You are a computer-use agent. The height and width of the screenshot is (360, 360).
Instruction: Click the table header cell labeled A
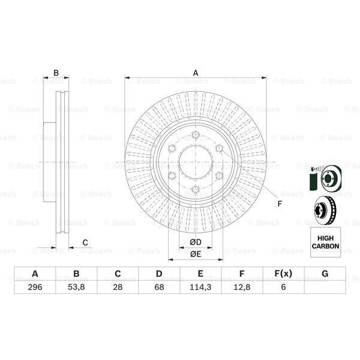tap(35, 274)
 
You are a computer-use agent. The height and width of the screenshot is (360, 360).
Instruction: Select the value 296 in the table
tap(35, 287)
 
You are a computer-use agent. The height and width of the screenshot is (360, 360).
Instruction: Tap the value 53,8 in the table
tap(76, 287)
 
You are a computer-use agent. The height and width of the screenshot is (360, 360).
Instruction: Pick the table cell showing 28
tap(118, 287)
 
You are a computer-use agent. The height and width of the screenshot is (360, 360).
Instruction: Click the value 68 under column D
tap(159, 287)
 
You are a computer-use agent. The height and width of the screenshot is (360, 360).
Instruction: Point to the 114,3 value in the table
tap(200, 287)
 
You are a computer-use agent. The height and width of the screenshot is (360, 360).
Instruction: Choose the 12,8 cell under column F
tap(242, 287)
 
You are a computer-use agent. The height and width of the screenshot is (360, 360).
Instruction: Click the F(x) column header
tap(283, 274)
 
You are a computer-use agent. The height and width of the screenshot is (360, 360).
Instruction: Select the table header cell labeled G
tap(325, 274)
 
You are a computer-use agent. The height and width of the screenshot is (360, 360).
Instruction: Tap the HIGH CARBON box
tap(325, 242)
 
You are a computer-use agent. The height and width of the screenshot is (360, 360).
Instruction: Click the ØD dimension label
tap(196, 242)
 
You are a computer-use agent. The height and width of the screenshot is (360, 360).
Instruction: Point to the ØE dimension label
tap(196, 254)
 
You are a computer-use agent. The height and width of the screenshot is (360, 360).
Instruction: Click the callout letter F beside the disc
tap(279, 203)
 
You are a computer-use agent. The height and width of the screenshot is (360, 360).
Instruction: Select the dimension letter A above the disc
tap(196, 73)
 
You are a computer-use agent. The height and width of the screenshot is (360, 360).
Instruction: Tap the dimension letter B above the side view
tap(56, 73)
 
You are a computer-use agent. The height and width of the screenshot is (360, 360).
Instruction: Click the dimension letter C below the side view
tap(85, 242)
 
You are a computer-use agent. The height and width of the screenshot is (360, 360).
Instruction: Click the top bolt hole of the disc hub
tap(196, 135)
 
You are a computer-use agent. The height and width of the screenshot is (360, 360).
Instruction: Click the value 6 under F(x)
tap(283, 287)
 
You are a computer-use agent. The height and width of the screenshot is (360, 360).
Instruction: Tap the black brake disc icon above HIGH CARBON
tap(325, 210)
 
